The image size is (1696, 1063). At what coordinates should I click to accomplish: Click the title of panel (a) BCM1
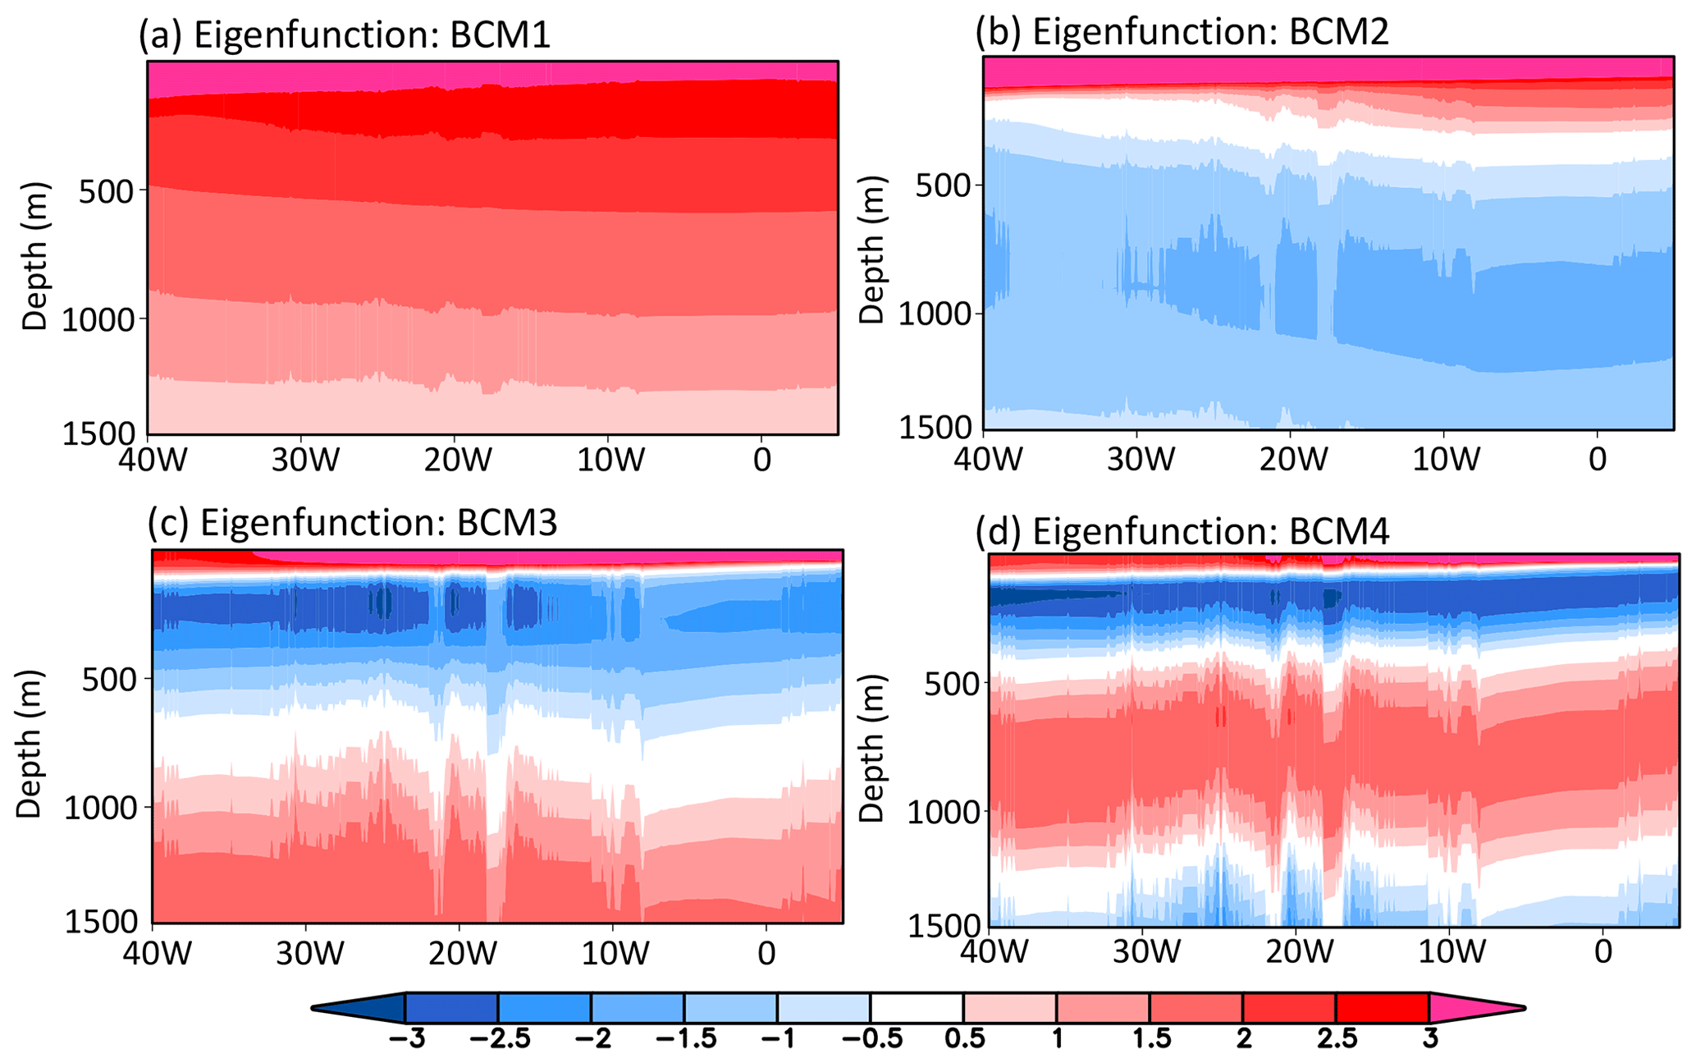[345, 36]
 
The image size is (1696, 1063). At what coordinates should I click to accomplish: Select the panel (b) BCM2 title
[1182, 32]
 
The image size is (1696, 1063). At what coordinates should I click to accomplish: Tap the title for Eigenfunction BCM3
[353, 523]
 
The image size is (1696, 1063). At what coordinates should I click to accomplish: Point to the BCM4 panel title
[1182, 532]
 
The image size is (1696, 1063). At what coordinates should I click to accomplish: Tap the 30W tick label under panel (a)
[305, 460]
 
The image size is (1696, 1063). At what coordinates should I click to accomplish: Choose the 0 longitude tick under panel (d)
[1603, 952]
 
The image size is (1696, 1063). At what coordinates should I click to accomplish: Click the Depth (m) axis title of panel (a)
[34, 256]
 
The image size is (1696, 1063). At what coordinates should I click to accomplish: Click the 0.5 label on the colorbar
[964, 1039]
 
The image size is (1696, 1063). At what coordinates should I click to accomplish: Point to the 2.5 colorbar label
[1337, 1039]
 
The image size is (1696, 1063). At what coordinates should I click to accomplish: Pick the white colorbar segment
[917, 1007]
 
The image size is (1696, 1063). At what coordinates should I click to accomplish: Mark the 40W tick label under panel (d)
[989, 952]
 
